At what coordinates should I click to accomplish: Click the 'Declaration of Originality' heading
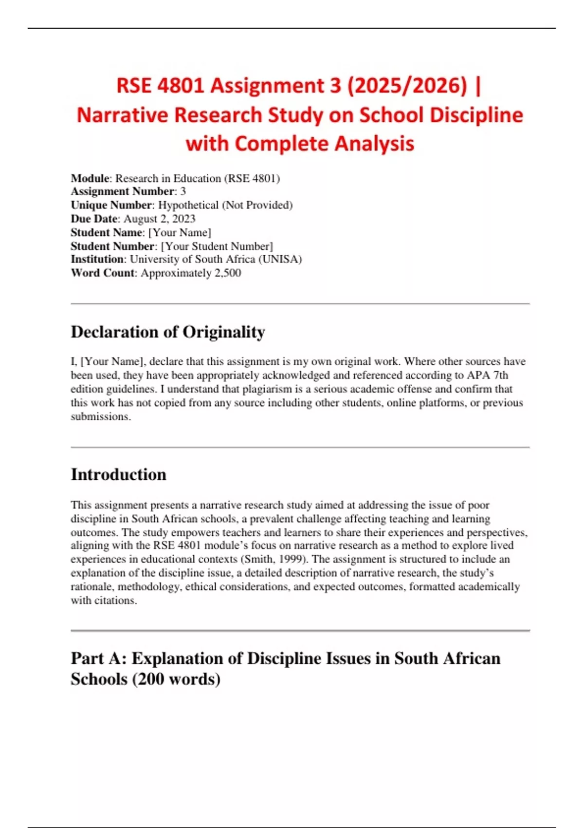168,332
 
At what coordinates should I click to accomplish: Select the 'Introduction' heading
118,475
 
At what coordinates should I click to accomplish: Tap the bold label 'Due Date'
94,219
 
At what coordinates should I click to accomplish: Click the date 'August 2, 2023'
159,219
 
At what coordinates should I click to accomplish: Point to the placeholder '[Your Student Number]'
217,246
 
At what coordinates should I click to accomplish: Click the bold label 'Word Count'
102,273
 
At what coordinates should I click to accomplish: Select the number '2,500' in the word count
227,273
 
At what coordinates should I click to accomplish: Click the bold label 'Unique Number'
111,205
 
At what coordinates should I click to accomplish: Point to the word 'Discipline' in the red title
476,115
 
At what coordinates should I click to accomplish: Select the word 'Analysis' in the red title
374,144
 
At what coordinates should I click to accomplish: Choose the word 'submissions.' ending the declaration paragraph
101,417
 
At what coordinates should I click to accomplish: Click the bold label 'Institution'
97,259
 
